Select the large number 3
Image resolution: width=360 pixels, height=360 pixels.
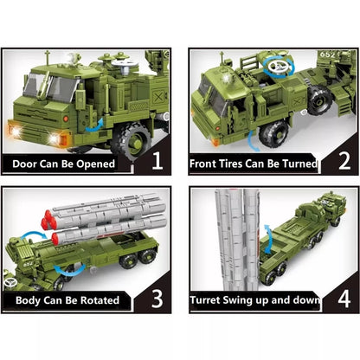coord(157,299)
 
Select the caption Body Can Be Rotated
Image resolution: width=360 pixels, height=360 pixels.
coord(73,301)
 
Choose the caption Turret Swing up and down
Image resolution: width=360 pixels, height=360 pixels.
coord(254,302)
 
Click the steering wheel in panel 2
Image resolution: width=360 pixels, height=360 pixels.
coord(280,66)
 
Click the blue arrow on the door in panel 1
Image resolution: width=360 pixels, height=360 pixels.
coord(98,123)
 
